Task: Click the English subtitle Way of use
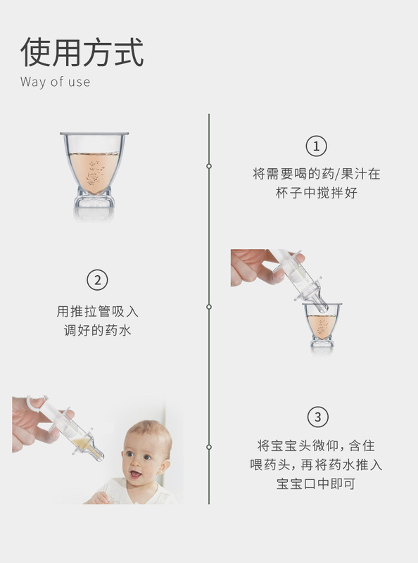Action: point(55,82)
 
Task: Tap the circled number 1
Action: point(316,146)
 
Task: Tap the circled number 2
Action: point(97,279)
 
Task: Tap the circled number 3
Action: point(317,417)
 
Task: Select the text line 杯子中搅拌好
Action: point(316,193)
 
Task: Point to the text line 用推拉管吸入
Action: point(97,311)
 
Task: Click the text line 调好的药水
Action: point(97,330)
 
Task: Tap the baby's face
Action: point(144,457)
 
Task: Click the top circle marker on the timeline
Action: point(209,166)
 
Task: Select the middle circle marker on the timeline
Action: point(209,307)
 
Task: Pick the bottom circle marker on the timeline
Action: point(209,447)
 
